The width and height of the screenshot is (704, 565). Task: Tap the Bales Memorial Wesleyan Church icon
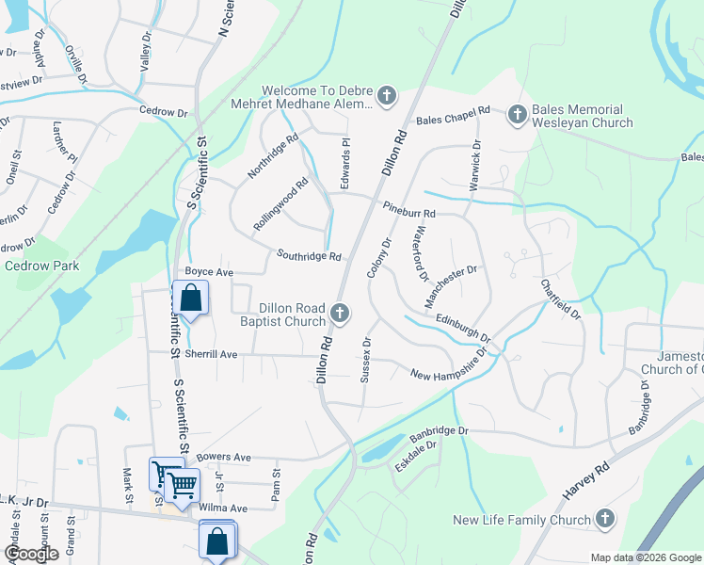pos(516,115)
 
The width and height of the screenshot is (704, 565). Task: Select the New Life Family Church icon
pos(605,519)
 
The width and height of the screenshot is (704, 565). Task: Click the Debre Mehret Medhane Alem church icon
pos(387,95)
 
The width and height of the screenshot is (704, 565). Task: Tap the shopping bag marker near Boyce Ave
pos(191,299)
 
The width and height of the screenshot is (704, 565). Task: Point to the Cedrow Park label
pos(42,266)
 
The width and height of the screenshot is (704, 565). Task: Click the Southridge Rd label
pos(309,255)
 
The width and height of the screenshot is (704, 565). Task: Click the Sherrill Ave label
pos(210,355)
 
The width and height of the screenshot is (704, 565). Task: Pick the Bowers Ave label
pos(223,458)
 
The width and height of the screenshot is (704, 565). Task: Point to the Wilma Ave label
pos(226,508)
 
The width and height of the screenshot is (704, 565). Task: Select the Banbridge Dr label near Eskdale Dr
pos(439,433)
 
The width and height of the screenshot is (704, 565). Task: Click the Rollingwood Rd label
pos(280,206)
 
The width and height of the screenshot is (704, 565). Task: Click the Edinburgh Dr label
pos(462,327)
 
